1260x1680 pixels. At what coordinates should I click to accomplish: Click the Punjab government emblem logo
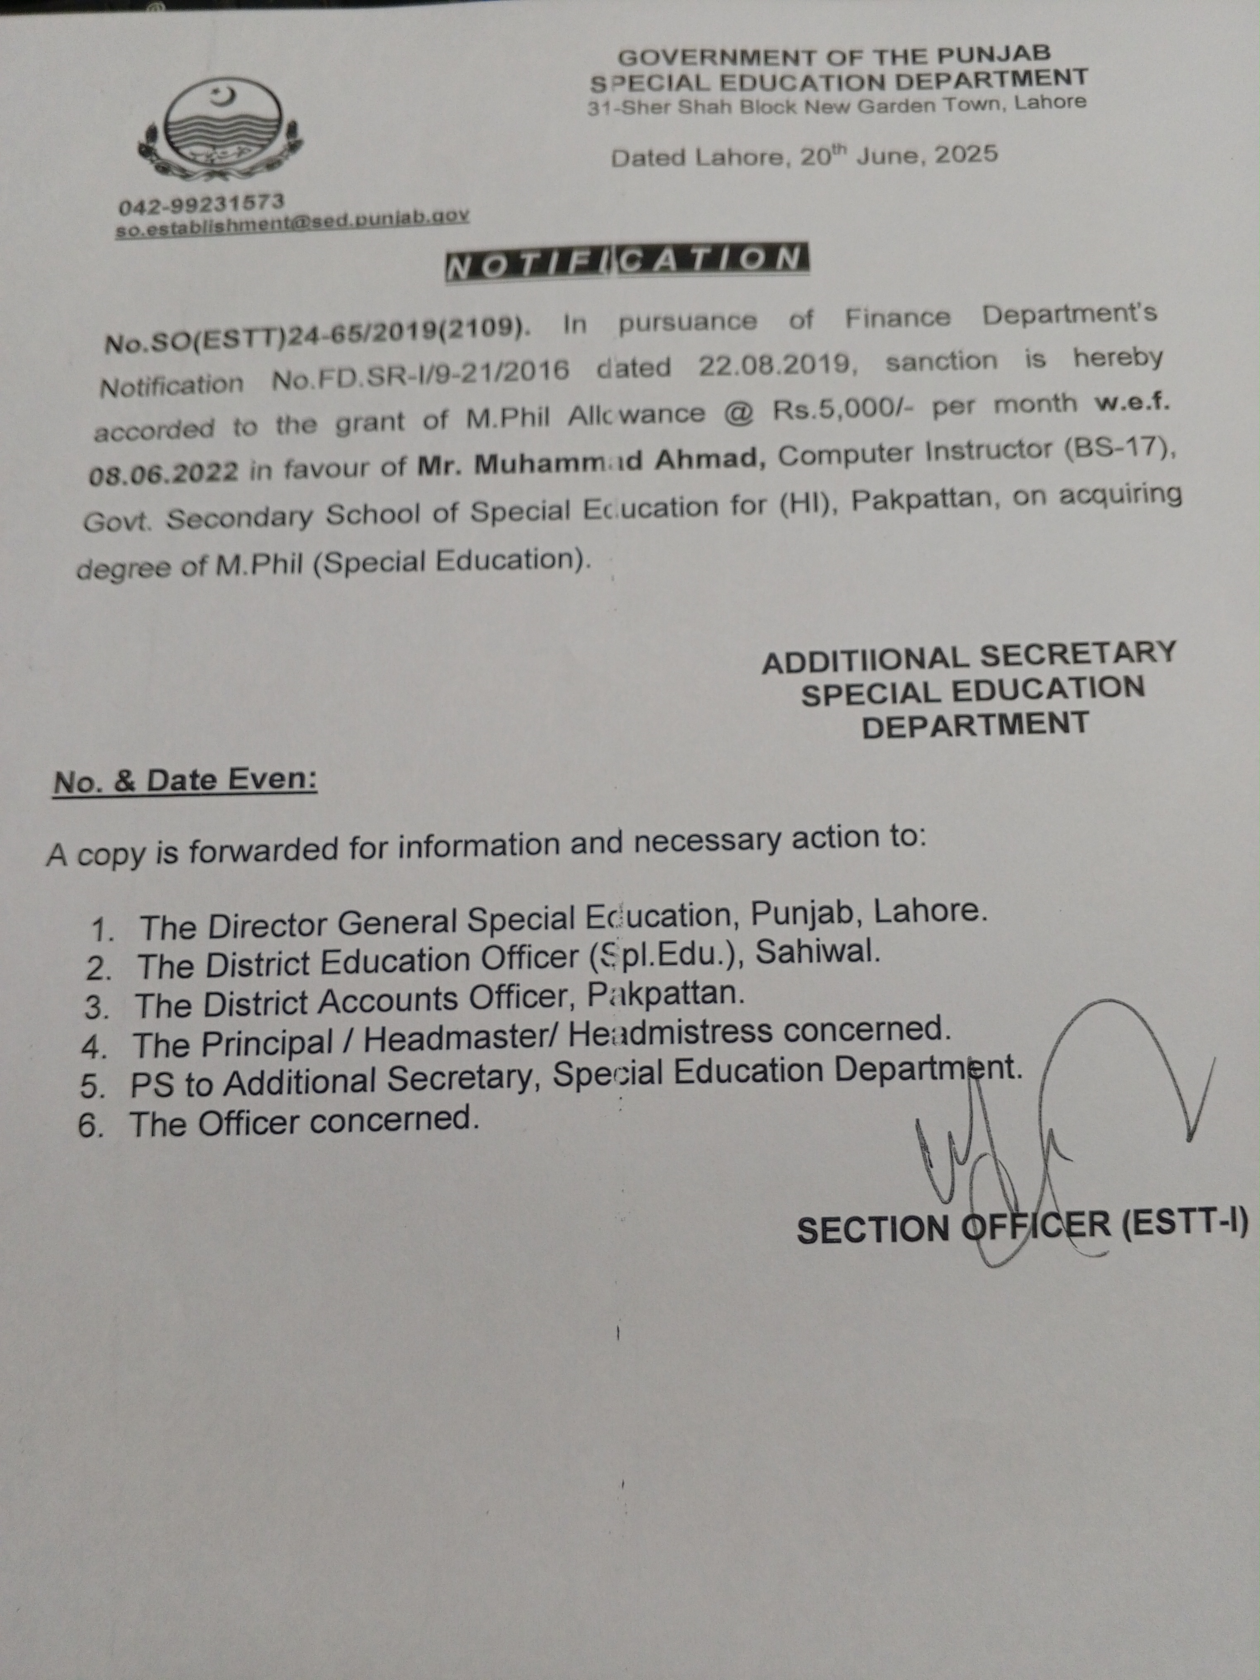click(220, 129)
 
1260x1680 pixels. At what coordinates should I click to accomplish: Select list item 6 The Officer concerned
click(304, 1122)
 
